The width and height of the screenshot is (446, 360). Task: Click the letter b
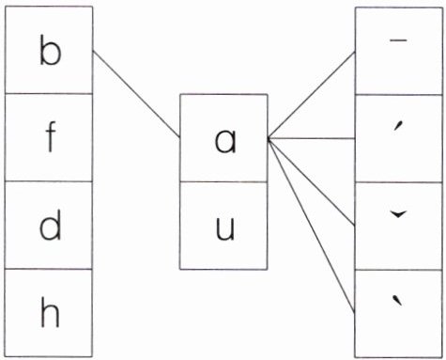(51, 50)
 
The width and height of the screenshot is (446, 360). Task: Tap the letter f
(51, 137)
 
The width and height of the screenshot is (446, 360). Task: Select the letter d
(50, 225)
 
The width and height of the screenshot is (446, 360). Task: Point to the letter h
(50, 312)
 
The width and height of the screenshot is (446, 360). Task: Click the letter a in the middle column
(224, 142)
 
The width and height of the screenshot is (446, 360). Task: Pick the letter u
(225, 228)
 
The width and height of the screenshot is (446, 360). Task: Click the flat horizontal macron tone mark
(398, 40)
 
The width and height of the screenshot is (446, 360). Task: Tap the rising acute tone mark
(397, 127)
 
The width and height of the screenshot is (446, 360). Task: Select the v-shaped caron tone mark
(398, 214)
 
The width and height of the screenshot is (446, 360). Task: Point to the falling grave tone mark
(398, 301)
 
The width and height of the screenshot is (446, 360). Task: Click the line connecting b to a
(136, 94)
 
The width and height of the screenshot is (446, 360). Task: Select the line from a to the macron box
(312, 95)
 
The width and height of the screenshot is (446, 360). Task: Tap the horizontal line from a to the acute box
(312, 138)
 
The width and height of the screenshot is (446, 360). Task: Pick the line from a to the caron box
(312, 181)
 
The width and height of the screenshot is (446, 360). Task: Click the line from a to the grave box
(312, 226)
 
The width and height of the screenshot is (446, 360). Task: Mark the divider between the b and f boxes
(49, 93)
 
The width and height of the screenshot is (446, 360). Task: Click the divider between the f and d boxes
(49, 181)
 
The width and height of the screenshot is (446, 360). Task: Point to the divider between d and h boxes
(49, 269)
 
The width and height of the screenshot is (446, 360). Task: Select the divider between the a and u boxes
(223, 181)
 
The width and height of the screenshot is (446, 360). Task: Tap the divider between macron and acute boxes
(399, 94)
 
